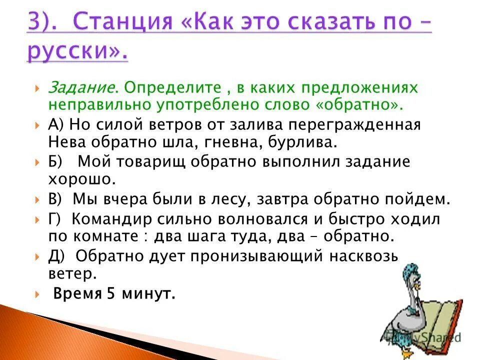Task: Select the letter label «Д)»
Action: pyautogui.click(x=56, y=256)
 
